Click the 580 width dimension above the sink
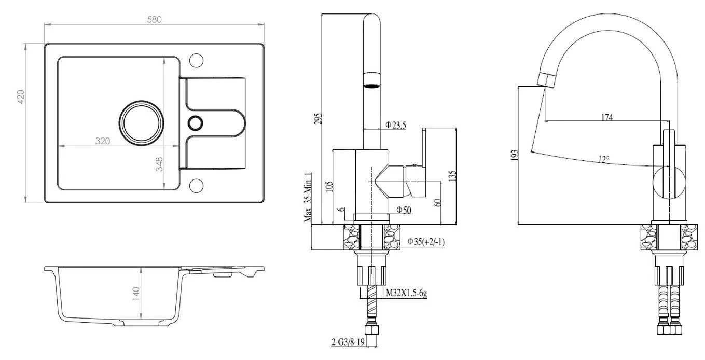[155, 19]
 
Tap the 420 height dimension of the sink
[21, 98]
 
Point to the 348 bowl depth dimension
[160, 164]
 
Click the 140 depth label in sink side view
[136, 294]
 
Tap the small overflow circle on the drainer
[196, 123]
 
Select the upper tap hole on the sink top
[196, 60]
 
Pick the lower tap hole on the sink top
[196, 185]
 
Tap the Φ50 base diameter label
[404, 210]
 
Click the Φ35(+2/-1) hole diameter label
[426, 241]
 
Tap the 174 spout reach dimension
[607, 117]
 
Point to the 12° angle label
[603, 160]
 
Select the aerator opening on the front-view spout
[371, 86]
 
